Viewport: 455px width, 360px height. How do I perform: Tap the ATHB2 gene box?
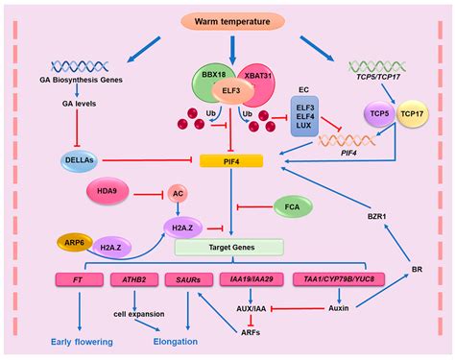coord(135,279)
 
